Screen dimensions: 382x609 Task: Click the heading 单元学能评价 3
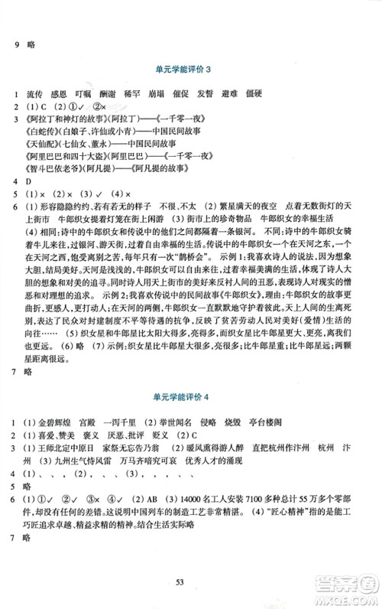click(x=190, y=70)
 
